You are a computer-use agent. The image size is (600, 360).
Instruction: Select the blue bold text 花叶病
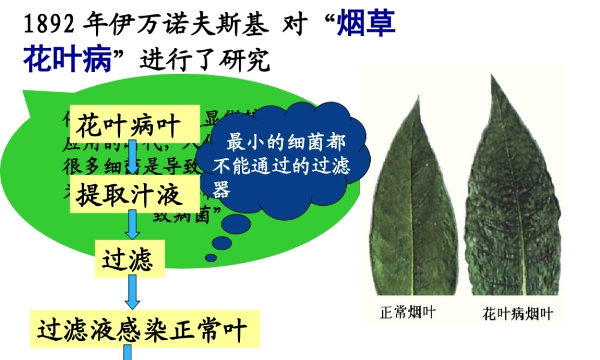click(x=68, y=60)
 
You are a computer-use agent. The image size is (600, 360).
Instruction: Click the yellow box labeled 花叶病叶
click(x=128, y=126)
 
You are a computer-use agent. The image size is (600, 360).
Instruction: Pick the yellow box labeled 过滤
click(x=128, y=260)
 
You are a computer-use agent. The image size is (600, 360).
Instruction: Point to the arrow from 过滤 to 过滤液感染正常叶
click(x=131, y=294)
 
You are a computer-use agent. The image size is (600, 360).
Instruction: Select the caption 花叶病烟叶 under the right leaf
click(x=518, y=314)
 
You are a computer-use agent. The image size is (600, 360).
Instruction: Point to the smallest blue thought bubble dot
click(x=211, y=258)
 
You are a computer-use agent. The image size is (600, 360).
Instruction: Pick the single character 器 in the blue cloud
click(x=222, y=190)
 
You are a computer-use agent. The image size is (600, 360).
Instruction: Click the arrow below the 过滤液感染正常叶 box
click(x=127, y=353)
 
